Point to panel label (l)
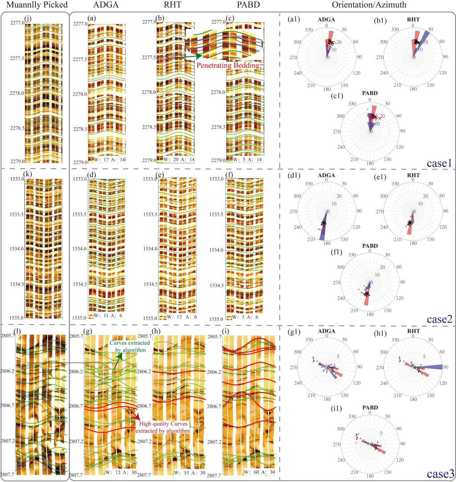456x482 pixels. pyautogui.click(x=18, y=332)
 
